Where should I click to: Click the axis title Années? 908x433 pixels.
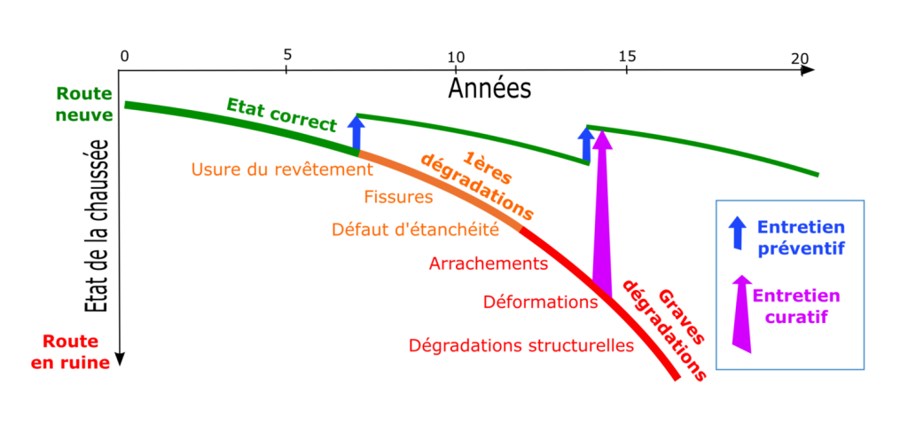pos(489,89)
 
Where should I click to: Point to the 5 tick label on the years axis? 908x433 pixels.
pos(287,55)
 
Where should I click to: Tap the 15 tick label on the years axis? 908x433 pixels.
pos(627,56)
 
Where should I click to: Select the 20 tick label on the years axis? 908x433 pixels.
pos(799,58)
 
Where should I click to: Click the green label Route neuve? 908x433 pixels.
pos(84,105)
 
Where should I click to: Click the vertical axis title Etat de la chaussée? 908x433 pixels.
pos(98,226)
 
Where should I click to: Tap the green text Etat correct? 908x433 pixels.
pos(281,114)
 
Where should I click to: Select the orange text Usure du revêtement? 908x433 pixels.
pos(281,169)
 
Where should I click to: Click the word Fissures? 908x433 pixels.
pos(398,197)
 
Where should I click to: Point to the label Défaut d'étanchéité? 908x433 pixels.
pos(415,230)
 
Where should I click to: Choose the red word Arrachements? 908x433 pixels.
pos(489,264)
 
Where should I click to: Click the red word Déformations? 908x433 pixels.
pos(540,302)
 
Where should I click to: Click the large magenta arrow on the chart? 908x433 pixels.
pos(602,215)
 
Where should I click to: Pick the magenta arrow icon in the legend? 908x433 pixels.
pos(741,313)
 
